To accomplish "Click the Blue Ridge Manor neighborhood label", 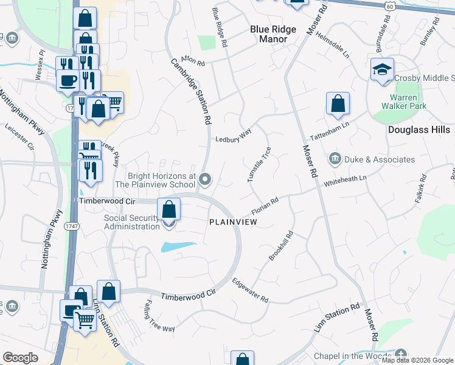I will coord(273,34).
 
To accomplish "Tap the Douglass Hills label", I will coord(419,130).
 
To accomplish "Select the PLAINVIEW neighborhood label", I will coord(233,223).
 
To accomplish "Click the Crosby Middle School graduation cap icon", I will coord(382,70).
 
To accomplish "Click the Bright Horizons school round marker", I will coord(206,179).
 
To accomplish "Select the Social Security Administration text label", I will coord(131,222).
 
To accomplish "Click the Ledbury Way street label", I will coord(234,139).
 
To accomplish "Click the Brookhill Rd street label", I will coord(281,246).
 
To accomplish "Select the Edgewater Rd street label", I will coord(250,290).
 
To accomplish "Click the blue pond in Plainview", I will coord(179,247).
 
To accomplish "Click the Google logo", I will coord(20,358).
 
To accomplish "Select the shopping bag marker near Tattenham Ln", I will coord(338,104).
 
